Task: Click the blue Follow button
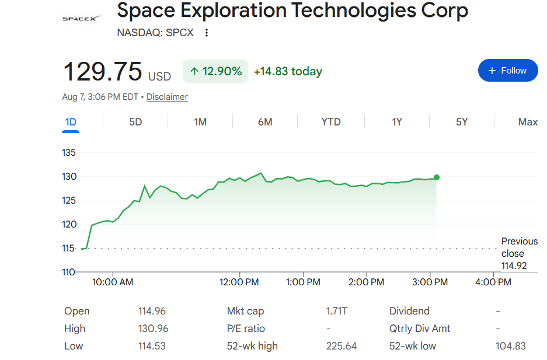tap(507, 71)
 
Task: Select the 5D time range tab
tap(135, 122)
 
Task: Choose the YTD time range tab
tap(331, 122)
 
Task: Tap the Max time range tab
tap(528, 122)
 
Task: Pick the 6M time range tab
tap(265, 122)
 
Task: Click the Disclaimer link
tap(167, 97)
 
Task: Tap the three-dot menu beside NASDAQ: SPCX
tap(207, 33)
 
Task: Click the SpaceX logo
tap(82, 19)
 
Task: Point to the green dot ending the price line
tap(437, 177)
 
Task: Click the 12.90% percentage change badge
tap(215, 71)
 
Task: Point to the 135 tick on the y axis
tap(69, 153)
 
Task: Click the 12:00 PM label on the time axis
tap(239, 282)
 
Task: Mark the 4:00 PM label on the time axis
tap(493, 282)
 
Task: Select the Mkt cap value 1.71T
tap(337, 311)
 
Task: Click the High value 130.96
tap(153, 328)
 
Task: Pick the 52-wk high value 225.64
tap(341, 346)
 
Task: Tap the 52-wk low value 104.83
tap(510, 346)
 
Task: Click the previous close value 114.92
tap(514, 265)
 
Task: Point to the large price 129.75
tap(103, 71)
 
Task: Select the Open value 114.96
tap(152, 311)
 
